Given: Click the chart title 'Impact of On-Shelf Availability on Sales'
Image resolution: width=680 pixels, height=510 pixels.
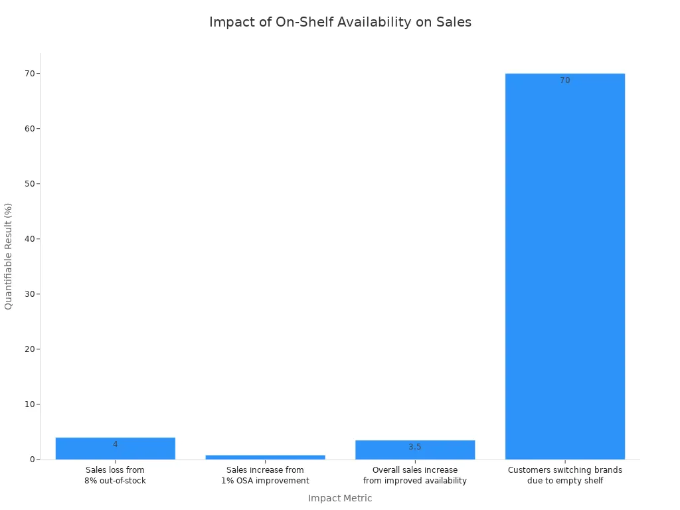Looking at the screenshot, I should point(340,22).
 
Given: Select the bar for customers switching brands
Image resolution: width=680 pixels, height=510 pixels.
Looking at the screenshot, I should point(564,266).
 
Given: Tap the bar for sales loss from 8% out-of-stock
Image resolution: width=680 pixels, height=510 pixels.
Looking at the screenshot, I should point(115,449).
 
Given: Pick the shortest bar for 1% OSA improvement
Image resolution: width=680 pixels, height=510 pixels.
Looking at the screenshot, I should point(265,457).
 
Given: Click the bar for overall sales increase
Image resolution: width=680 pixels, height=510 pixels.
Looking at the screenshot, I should point(414,450).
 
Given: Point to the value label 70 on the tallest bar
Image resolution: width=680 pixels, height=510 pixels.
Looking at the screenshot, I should point(564,80).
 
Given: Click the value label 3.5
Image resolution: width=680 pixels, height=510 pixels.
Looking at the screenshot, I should point(414,447).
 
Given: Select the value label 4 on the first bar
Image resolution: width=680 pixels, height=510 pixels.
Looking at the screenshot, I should point(115,444).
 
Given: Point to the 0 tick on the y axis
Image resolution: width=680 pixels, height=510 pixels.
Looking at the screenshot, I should point(31,460).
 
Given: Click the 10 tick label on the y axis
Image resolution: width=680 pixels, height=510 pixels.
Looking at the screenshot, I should point(29,404).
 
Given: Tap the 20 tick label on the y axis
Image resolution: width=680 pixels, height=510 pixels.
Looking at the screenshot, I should point(29,349).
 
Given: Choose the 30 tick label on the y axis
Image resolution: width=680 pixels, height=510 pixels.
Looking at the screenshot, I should point(29,294).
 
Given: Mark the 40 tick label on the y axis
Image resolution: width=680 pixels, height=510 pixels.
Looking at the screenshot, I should point(29,239).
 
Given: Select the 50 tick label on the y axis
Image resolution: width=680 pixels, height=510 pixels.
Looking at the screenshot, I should point(29,184).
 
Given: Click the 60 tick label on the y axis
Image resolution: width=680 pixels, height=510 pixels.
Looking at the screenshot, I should point(29,129).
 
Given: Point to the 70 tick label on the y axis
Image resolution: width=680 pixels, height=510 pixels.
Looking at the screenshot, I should point(29,74).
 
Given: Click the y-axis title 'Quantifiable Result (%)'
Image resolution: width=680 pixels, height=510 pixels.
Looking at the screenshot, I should point(9,256).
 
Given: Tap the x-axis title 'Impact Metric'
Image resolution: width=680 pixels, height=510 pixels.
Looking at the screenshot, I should point(340,498).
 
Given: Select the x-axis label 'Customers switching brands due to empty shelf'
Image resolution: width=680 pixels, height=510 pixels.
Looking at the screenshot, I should point(564,475).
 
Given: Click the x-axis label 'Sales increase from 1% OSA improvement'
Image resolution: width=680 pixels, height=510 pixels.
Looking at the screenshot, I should point(265,475).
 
